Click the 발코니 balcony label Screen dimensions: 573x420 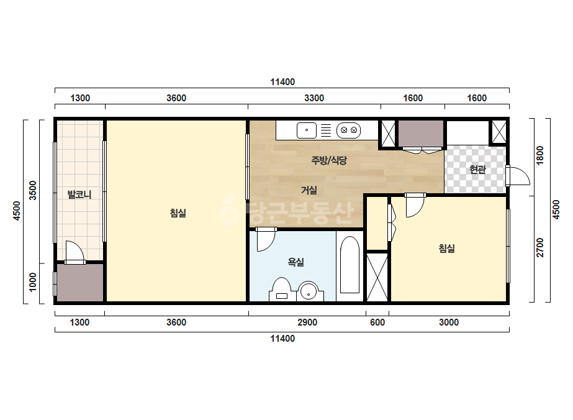79,194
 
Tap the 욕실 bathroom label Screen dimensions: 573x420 296,262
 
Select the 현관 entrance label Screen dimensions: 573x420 477,170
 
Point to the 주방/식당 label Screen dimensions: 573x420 329,160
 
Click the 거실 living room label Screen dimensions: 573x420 309,190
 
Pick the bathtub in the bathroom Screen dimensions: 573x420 350,265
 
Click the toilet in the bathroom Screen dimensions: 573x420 281,290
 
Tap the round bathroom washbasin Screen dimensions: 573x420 309,291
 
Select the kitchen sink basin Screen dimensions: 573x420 307,130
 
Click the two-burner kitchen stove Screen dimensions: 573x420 349,130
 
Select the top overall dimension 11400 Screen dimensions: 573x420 282,82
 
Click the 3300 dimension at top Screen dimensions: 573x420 314,98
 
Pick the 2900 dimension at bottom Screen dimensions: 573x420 307,322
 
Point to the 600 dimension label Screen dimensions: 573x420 377,322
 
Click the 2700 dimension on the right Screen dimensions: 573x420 540,247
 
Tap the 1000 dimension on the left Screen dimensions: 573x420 33,282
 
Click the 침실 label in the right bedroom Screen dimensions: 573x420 446,249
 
